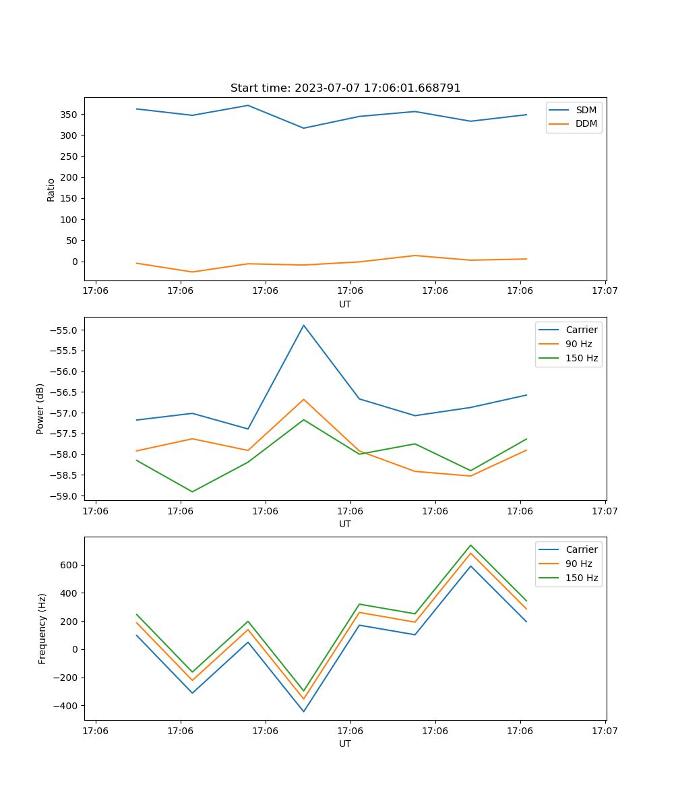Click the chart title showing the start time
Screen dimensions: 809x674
(x=345, y=88)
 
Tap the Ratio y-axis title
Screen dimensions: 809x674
(x=51, y=189)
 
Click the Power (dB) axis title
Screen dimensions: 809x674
(x=40, y=409)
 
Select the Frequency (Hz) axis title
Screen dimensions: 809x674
(x=42, y=628)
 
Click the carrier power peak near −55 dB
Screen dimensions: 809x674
(x=304, y=326)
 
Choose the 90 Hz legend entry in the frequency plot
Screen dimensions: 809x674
(x=579, y=564)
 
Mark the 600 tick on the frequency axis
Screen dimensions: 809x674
(x=69, y=565)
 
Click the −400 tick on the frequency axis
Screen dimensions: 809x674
(x=66, y=706)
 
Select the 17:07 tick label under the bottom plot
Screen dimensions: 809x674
(x=605, y=730)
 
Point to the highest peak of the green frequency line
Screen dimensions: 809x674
(x=470, y=545)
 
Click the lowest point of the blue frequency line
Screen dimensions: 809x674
(x=304, y=711)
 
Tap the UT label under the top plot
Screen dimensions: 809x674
(x=345, y=304)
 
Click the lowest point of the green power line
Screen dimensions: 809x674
(x=193, y=491)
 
